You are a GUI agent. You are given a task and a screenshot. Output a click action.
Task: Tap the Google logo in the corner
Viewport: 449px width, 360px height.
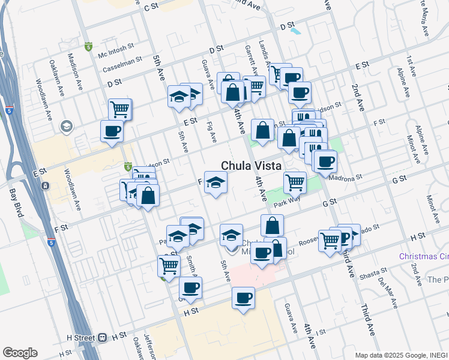point(20,353)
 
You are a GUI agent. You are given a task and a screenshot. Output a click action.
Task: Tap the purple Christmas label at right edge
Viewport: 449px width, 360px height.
point(424,256)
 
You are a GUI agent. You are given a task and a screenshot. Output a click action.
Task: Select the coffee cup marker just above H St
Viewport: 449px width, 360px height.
point(243,298)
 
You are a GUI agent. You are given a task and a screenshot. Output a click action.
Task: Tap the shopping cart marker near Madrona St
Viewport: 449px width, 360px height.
point(294,181)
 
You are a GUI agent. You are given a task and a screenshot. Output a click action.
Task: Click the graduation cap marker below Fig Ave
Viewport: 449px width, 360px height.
point(215,182)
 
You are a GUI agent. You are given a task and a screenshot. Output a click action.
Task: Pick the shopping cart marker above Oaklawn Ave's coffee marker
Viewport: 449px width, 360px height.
point(120,109)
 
